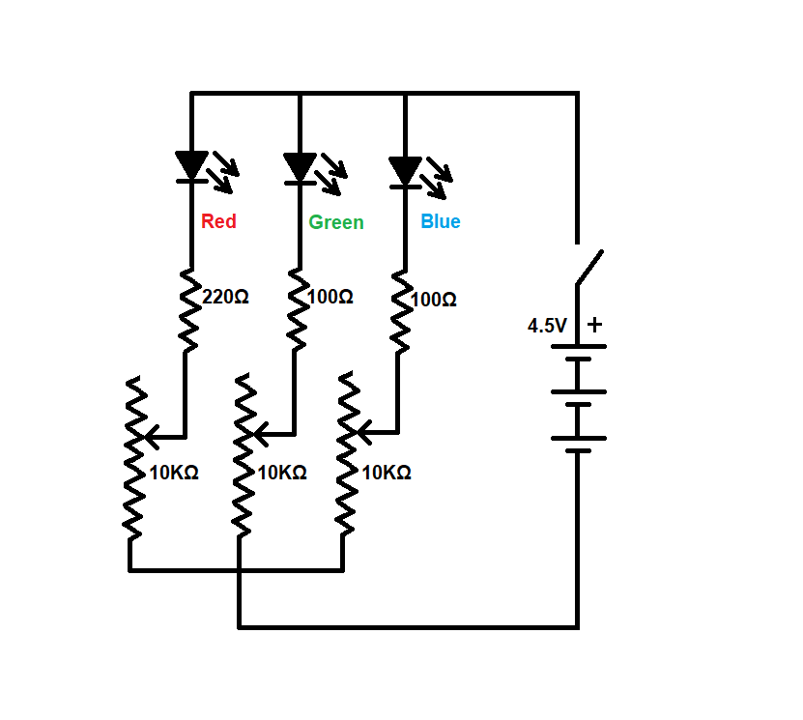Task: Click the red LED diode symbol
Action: (191, 166)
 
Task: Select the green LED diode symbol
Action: (300, 167)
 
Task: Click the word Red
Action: (218, 221)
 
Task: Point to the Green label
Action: (336, 222)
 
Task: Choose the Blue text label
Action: (441, 221)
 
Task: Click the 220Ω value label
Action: (226, 297)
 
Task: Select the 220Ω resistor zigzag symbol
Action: (190, 309)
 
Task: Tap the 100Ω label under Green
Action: (330, 297)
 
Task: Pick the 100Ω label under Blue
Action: (434, 300)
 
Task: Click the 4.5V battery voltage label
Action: (547, 326)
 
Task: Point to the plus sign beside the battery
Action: (594, 325)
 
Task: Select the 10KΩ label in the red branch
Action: (174, 473)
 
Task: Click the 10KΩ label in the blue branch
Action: (387, 473)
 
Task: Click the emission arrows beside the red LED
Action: (226, 170)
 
